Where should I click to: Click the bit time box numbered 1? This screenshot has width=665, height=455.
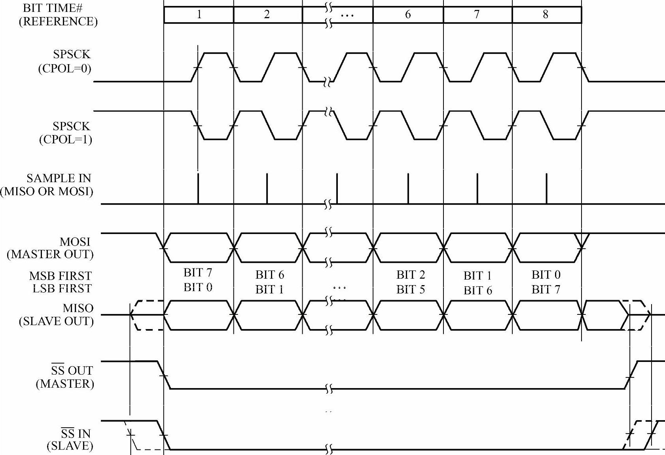point(199,15)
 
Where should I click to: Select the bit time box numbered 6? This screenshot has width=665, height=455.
point(407,15)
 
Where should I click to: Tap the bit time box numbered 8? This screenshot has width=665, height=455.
point(546,15)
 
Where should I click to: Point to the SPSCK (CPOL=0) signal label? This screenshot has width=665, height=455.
point(65,61)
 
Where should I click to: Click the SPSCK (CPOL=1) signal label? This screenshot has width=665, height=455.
point(66,133)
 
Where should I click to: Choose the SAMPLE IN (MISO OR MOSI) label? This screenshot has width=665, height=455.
point(47,185)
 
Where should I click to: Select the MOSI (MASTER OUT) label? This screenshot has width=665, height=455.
point(51,248)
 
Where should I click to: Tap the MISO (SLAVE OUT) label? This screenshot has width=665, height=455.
point(57,314)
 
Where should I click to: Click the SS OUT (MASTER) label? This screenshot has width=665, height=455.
point(65,377)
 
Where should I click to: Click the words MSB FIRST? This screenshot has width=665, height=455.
point(61,276)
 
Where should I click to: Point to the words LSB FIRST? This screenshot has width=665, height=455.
point(62,288)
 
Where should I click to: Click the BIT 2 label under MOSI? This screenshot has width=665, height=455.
point(411,274)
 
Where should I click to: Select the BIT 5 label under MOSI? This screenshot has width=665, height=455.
point(411,289)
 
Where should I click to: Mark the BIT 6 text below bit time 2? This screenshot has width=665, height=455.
point(269,274)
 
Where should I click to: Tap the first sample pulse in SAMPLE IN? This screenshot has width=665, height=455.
point(198,188)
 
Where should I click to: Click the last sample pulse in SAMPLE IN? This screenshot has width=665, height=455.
point(546,188)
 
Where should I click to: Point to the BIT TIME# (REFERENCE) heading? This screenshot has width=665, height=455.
point(58,15)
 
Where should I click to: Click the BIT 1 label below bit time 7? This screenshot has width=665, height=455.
point(477,275)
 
